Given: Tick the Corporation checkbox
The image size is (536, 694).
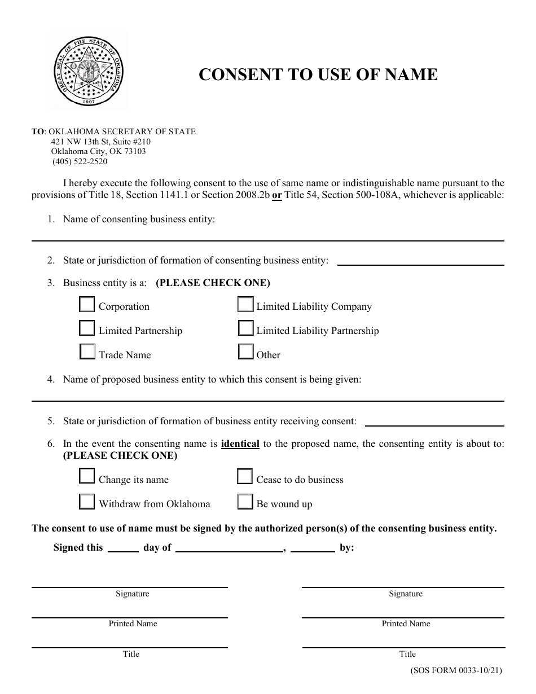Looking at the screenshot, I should (x=87, y=305).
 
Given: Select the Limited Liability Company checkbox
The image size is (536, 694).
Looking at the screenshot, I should (x=245, y=305).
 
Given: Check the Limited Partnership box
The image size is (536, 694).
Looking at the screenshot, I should (x=87, y=328).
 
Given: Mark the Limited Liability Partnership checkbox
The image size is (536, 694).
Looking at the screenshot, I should (x=245, y=328).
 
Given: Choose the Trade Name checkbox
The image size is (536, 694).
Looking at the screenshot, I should (x=87, y=352).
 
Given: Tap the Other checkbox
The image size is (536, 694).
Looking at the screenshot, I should (x=245, y=352).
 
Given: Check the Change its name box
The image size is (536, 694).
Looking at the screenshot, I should (x=87, y=477).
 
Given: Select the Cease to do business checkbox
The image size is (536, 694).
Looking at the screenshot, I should (x=245, y=477).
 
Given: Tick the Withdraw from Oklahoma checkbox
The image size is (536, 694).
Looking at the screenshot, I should (x=87, y=502).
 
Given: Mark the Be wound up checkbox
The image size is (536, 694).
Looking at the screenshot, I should (x=245, y=502).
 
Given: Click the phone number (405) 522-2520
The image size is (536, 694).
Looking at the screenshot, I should (x=80, y=161).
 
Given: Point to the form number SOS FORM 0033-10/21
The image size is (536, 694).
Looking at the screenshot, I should (x=455, y=671).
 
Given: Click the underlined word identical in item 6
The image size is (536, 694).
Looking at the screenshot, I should (x=240, y=444).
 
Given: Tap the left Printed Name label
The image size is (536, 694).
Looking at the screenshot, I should (x=133, y=623).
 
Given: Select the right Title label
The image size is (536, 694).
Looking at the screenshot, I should (x=407, y=654).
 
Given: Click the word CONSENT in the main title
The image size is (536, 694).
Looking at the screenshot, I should (x=236, y=75).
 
